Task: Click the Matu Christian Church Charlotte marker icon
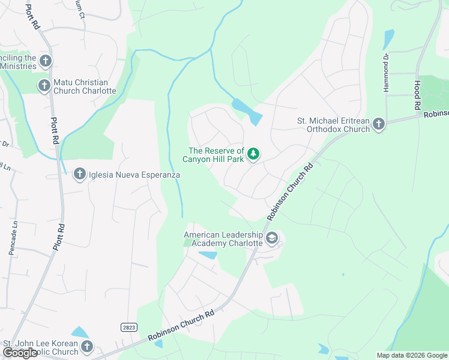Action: (44, 86)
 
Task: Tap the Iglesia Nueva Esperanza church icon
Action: (79, 175)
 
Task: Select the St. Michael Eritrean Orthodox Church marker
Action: (378, 124)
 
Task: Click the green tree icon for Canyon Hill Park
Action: (253, 155)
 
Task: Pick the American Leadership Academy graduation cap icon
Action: (272, 239)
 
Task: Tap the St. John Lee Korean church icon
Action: (87, 347)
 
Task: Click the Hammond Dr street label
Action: (387, 73)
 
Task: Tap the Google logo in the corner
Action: (20, 353)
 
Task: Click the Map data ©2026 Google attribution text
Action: (412, 355)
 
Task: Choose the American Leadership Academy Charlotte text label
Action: (223, 239)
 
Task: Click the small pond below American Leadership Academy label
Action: (208, 255)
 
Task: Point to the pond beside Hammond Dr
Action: (388, 40)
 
